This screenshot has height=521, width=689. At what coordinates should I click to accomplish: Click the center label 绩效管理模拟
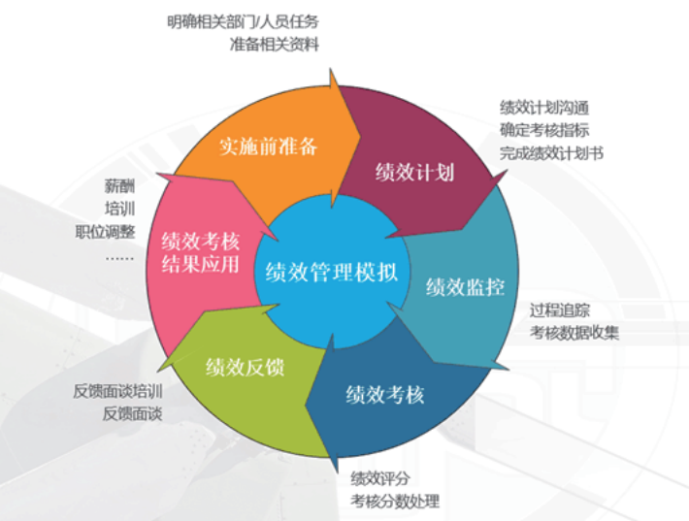pos(332,273)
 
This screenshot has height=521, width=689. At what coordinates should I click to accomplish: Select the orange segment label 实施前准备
pos(268,147)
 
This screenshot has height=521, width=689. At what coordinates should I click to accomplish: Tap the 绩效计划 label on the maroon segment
pos(415,173)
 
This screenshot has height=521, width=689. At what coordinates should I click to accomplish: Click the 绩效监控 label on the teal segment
pos(466,288)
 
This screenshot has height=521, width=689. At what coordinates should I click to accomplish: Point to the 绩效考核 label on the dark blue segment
pos(385,395)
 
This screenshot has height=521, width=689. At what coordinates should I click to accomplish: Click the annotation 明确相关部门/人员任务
pos(242,21)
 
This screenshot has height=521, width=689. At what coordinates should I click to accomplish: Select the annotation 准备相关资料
pos(275,45)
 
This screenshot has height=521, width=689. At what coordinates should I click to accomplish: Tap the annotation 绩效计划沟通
pos(544,107)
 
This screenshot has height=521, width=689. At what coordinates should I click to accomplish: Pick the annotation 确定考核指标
pos(544,130)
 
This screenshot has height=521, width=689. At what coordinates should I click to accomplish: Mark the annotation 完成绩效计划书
pos(552,152)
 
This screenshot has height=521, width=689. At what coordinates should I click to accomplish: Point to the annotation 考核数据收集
pos(574,333)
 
